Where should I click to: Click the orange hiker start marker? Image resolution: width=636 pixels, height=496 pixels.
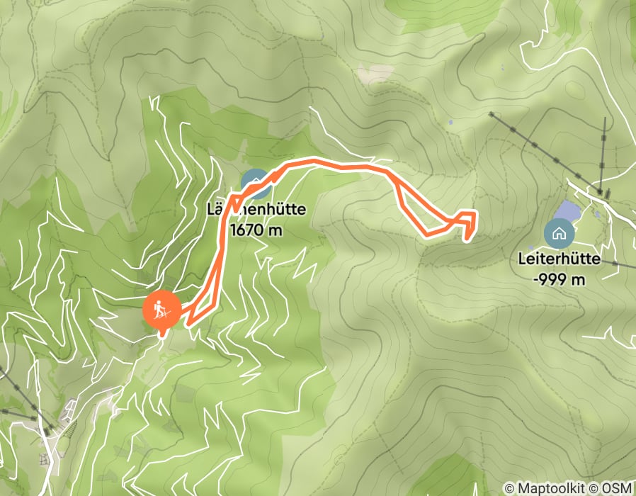[x=161, y=310]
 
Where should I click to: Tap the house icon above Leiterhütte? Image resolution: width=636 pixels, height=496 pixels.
[x=559, y=232]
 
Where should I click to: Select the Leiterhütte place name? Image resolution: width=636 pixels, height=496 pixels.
[x=559, y=259]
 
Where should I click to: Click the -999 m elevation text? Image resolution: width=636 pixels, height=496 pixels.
[x=559, y=279]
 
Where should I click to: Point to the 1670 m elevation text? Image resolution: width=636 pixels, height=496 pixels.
[x=256, y=230]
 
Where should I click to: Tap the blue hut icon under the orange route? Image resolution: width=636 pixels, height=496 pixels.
[x=256, y=184]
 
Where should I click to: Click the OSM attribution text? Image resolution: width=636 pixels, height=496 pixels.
[x=615, y=489]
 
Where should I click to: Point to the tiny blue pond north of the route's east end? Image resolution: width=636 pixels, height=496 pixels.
[x=450, y=123]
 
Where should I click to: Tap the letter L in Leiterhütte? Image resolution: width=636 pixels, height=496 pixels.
[x=523, y=259]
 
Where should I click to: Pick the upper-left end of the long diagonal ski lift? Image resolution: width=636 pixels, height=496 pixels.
[x=490, y=113]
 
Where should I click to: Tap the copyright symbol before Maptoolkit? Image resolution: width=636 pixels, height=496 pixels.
[x=509, y=489]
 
